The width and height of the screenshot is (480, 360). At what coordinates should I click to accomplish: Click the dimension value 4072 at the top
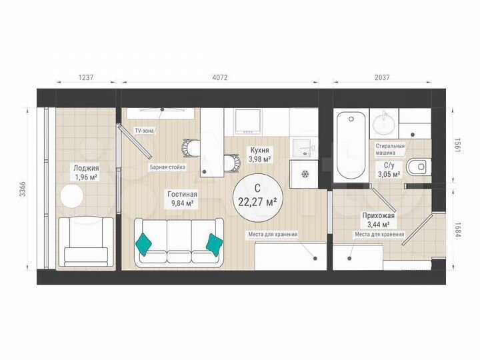[220, 77]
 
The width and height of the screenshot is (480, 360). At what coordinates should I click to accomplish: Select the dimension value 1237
[87, 77]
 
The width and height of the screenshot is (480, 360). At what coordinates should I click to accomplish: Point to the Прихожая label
[379, 220]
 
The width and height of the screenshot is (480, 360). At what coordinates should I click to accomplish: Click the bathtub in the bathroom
[350, 146]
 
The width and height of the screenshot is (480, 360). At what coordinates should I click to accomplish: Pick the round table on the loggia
[71, 197]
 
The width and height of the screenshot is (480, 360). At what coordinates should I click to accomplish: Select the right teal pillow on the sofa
[213, 244]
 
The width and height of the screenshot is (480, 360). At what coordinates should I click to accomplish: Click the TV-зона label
[144, 131]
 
